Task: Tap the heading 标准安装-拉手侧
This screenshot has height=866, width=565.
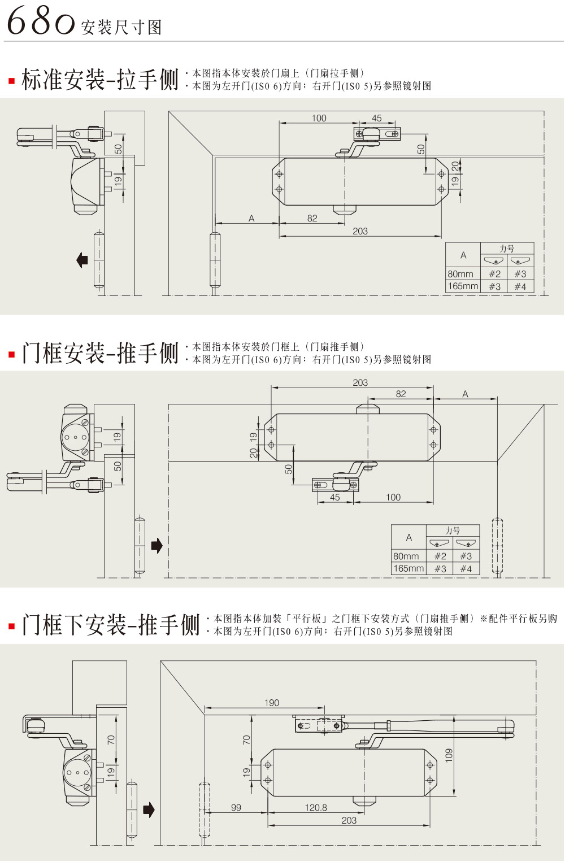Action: coord(99,80)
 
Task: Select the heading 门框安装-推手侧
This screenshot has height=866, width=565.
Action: coord(99,353)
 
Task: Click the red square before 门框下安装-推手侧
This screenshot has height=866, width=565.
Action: coord(11,626)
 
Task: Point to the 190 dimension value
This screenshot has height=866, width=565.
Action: coord(272,703)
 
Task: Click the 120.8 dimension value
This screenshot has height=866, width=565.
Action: coord(316,808)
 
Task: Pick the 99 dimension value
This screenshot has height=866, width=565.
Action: coord(236,808)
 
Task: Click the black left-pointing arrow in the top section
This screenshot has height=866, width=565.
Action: coord(82,260)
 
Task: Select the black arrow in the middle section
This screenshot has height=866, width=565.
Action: coord(157,545)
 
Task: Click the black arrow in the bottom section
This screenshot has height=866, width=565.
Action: coord(149,810)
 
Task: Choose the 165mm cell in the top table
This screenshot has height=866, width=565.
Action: coord(463,286)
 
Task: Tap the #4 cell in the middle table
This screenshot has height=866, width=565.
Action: coord(466,569)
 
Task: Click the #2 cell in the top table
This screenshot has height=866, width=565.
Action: coord(494,274)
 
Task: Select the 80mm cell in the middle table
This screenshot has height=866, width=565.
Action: coord(406,556)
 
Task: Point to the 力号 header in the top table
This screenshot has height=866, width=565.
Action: coord(507,249)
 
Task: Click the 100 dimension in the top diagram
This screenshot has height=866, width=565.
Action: coord(319,118)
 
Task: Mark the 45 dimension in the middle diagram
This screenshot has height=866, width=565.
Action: coord(335,498)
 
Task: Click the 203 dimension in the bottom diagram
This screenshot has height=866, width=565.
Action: coord(349,820)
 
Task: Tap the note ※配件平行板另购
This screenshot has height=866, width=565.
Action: coord(519,619)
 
